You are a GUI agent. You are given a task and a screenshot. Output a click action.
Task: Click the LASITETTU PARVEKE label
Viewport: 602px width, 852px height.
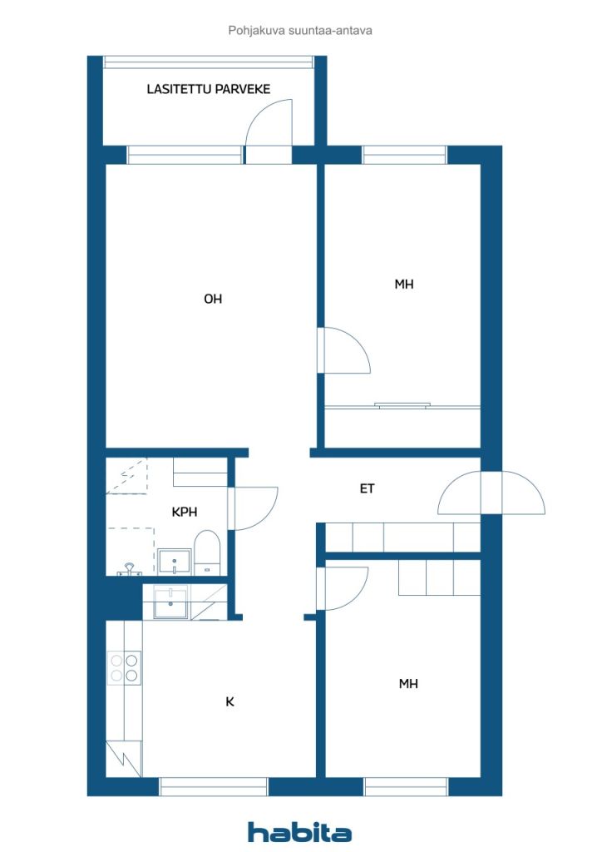coord(209,89)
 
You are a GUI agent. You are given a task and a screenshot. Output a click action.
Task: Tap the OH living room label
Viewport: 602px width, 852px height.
coord(213,299)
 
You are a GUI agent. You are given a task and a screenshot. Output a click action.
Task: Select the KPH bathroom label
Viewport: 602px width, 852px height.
coord(184,512)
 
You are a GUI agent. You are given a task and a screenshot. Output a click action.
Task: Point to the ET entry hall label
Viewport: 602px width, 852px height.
coord(367,488)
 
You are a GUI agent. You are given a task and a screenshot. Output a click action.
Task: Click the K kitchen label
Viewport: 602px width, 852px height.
coord(229,702)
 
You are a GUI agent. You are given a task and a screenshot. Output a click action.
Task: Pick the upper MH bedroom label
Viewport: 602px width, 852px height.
coord(404,285)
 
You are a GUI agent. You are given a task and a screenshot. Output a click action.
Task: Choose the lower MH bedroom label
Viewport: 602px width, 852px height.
coord(408,684)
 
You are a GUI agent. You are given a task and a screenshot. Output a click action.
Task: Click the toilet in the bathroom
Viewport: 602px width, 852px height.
coord(207,552)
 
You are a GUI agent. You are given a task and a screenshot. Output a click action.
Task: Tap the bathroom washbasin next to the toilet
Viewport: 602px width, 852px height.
coord(175,562)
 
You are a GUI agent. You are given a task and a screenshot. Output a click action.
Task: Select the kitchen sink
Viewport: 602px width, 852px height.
coord(170,602)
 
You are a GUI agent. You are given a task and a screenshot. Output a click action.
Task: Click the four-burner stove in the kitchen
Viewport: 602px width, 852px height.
coord(125,668)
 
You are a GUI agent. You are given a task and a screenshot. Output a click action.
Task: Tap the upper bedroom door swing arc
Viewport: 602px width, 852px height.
coord(356,341)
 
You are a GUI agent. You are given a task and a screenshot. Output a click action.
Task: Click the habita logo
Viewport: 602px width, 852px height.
coord(299,832)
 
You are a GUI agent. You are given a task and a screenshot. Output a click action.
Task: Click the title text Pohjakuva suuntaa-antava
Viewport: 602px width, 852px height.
coord(300,31)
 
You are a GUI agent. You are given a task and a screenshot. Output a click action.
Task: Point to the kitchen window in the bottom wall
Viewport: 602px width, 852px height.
coord(214,786)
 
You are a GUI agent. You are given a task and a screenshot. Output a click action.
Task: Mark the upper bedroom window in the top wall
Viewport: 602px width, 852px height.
coord(404,156)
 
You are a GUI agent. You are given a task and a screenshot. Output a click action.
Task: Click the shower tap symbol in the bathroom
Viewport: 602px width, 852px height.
coord(129,569)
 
